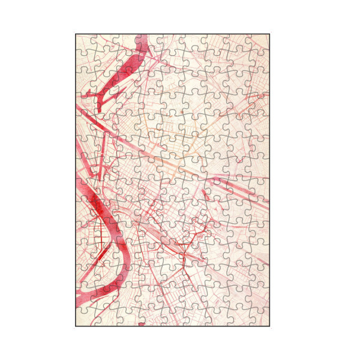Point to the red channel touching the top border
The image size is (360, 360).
point(142,39)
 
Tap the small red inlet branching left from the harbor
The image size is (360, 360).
point(90,94)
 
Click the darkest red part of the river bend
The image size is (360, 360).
point(96,207)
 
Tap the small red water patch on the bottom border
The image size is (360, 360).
point(142,324)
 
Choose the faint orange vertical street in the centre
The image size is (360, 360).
point(193,135)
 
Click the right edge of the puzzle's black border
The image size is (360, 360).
point(269,180)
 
